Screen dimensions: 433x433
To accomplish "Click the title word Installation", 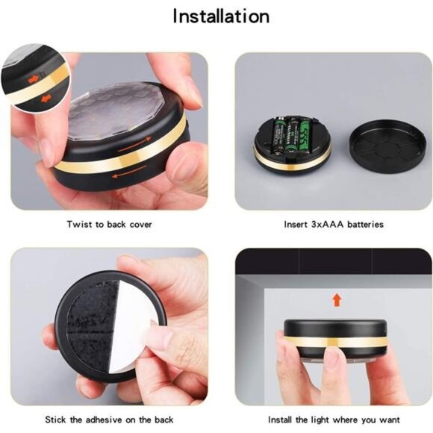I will [x=221, y=16].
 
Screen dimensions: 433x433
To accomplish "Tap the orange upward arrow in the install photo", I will [x=337, y=299].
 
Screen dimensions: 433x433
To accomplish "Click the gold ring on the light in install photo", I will [x=336, y=341].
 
